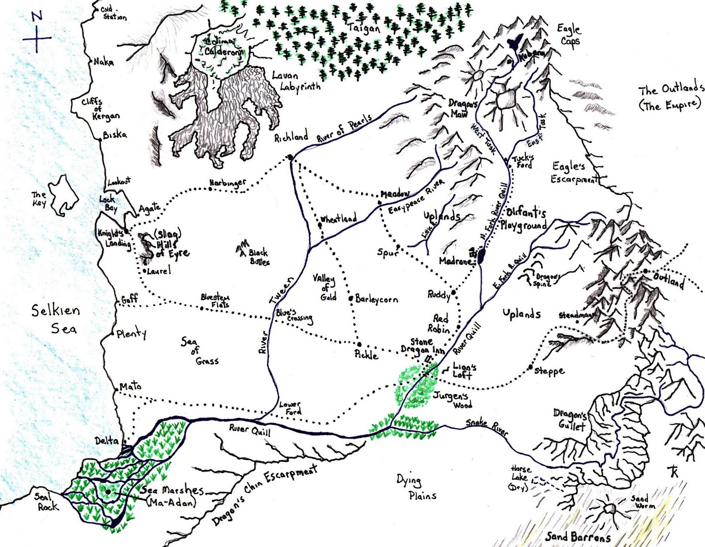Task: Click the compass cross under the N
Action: pos(37,38)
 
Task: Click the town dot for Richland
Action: pos(290,157)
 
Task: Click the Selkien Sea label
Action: pos(56,319)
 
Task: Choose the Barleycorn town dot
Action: pos(351,298)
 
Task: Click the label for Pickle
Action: pos(366,354)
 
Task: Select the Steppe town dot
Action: pos(531,367)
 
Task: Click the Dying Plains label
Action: pos(414,487)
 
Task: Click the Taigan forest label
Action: pos(364,28)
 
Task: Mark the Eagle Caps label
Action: pos(569,35)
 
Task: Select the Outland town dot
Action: pos(645,271)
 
